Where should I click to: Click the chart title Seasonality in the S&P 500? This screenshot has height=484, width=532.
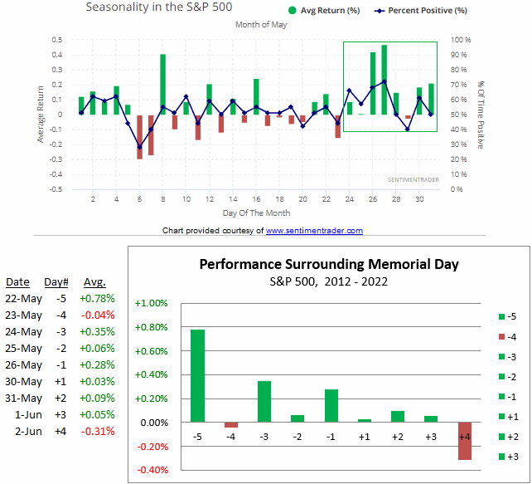click(159, 7)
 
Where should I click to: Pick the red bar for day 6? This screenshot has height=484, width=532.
click(140, 136)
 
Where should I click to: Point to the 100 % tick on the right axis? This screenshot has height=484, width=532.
click(462, 40)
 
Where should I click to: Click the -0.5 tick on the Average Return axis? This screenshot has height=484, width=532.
click(56, 189)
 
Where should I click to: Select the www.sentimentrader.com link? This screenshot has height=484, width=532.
click(314, 231)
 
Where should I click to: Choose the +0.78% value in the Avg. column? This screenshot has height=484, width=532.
click(98, 298)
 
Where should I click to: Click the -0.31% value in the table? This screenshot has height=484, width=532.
click(98, 431)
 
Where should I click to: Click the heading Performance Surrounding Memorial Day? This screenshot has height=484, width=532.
click(328, 266)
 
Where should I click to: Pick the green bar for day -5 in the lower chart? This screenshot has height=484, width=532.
click(197, 376)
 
